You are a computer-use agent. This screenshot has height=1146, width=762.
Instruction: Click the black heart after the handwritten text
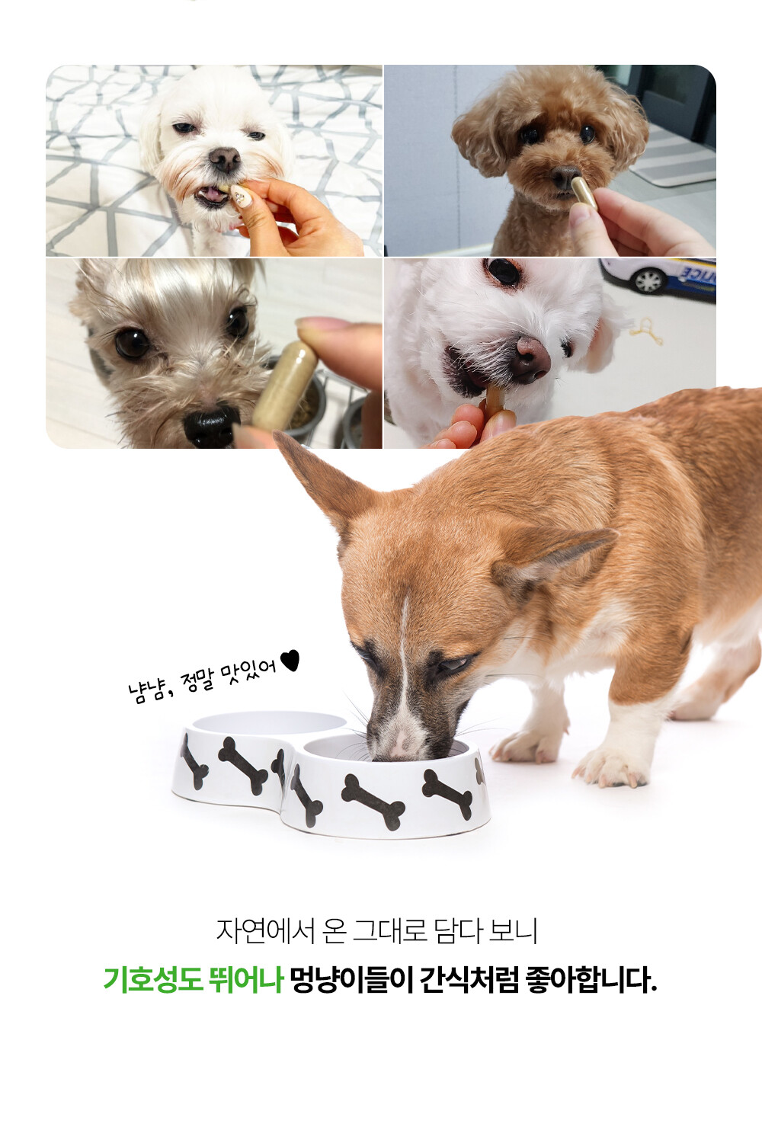point(290,660)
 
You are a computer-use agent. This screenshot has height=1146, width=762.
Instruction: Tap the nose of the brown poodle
point(565,177)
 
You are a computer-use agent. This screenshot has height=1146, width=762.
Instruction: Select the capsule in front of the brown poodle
point(584,192)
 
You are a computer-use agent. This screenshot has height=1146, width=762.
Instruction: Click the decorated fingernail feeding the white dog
point(241,195)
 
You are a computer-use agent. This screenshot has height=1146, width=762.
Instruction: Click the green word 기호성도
point(152,980)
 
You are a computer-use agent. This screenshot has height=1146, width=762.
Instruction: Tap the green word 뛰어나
point(245,980)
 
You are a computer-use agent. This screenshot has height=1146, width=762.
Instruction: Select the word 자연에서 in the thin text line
point(265,930)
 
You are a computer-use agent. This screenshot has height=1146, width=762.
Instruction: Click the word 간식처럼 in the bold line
point(469,980)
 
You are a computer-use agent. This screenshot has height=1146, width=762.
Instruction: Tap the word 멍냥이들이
point(351,980)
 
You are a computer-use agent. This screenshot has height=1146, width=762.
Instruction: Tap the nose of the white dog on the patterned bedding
point(225,158)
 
